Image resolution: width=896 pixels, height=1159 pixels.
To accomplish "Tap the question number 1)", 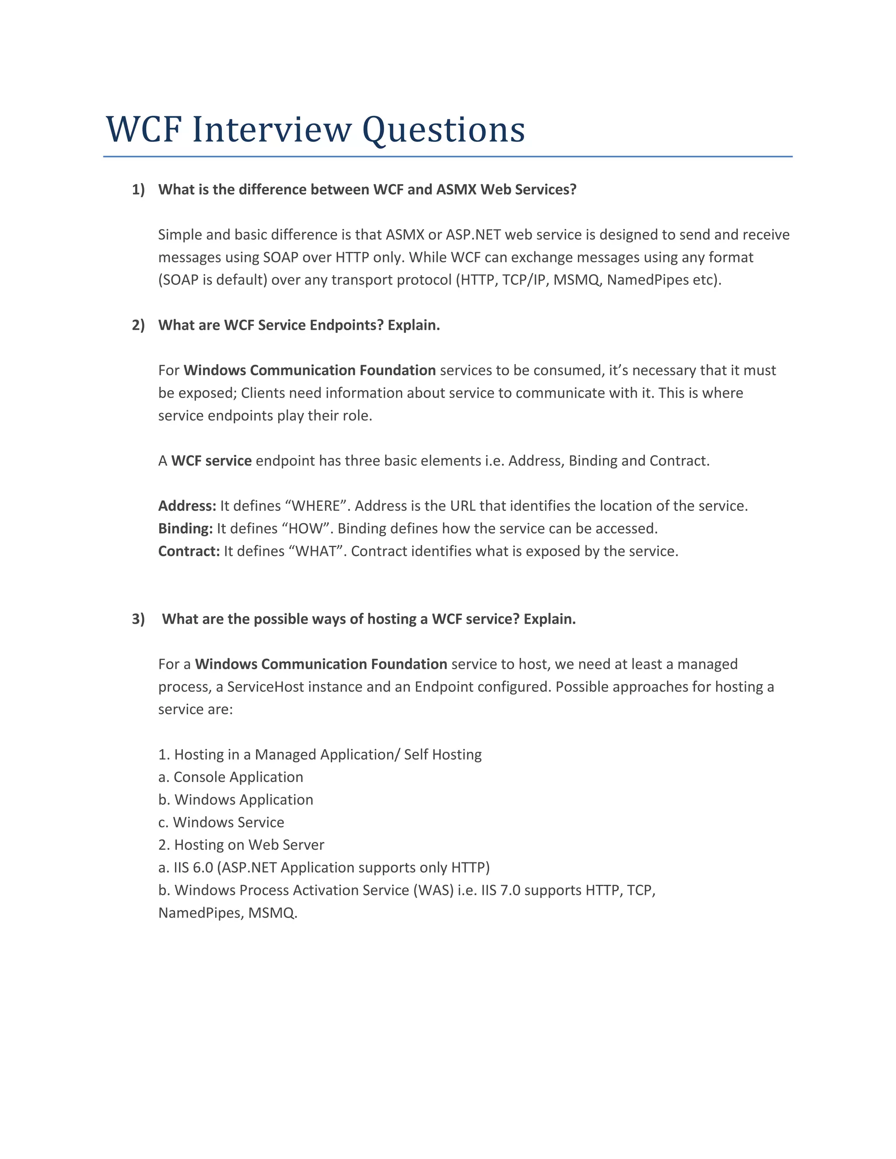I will point(138,189).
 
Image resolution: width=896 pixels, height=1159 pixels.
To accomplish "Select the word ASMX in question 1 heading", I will point(456,189).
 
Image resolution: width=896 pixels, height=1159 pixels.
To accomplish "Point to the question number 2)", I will point(138,325).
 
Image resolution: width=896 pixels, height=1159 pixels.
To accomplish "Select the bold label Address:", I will point(187,506).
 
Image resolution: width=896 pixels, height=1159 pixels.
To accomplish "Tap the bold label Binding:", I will point(185,529).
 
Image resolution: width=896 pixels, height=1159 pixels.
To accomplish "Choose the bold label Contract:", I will point(189,552).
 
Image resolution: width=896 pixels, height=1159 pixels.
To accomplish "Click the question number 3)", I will point(138,619).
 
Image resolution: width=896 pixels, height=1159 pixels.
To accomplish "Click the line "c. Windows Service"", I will point(221,822).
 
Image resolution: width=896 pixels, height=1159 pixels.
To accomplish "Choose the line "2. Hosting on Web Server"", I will point(241,845).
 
